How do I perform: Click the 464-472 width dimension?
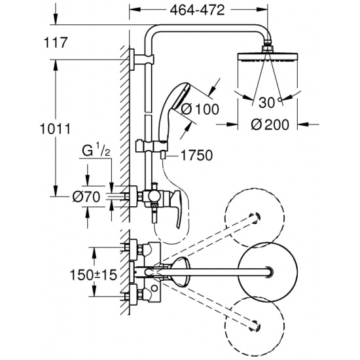coord(197,10)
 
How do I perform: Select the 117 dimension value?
coord(56,43)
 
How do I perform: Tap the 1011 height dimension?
coord(55,128)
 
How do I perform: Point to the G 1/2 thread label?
coord(96,151)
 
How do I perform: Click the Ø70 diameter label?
coord(86,197)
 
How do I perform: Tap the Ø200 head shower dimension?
coord(270,124)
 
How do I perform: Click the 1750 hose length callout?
coord(197,155)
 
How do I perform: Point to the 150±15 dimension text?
coord(94,275)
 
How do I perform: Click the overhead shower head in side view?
coord(268,57)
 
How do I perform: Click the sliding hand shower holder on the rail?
coord(152,146)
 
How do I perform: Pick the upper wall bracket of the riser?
coord(140,60)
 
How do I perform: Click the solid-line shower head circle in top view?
coord(268,272)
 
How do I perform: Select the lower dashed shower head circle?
coord(255,327)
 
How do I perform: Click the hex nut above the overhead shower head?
coord(268,48)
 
